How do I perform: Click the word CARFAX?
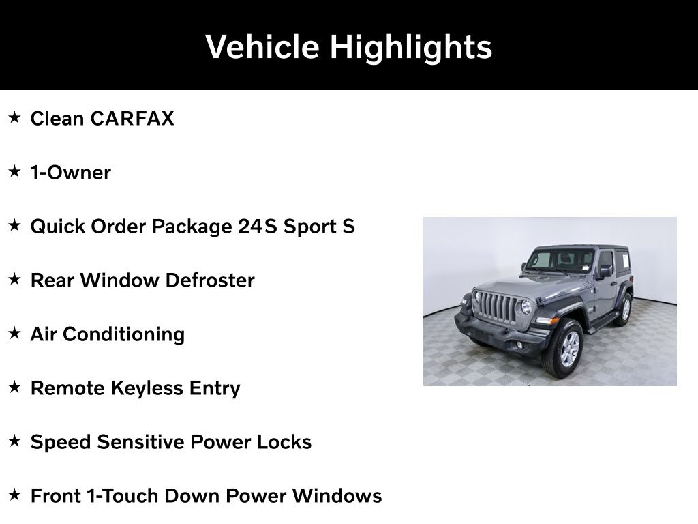tap(132, 119)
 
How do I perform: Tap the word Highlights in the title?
tap(410, 48)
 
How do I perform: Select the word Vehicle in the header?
tap(262, 46)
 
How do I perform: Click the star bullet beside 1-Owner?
tap(15, 171)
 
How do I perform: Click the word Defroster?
tap(210, 280)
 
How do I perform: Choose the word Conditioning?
tap(124, 334)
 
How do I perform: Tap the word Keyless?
tap(147, 388)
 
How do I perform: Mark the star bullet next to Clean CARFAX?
tap(15, 117)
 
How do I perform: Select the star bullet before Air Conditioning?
tap(15, 333)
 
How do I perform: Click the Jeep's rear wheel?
tap(624, 309)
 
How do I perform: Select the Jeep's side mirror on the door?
tap(605, 271)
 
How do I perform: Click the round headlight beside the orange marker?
tap(526, 306)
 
